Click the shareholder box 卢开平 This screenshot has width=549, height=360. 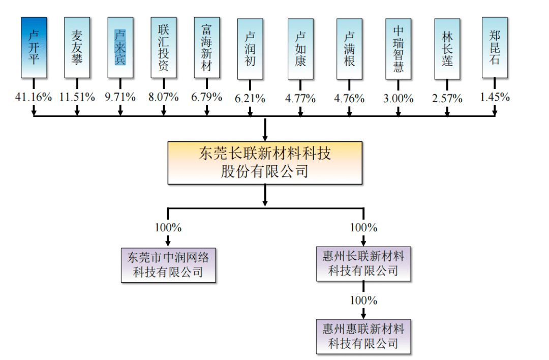pyautogui.click(x=34, y=47)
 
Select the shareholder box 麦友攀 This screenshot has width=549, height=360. pyautogui.click(x=77, y=47)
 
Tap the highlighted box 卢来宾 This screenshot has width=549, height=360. pyautogui.click(x=120, y=47)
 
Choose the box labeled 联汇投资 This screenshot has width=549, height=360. pyautogui.click(x=164, y=47)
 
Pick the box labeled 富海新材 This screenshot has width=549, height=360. pyautogui.click(x=207, y=47)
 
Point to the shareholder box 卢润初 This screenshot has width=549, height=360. pyautogui.click(x=250, y=49)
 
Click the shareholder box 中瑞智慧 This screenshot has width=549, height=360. pyautogui.click(x=399, y=49)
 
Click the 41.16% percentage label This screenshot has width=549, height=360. pyautogui.click(x=34, y=97)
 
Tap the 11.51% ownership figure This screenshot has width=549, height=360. pyautogui.click(x=77, y=97)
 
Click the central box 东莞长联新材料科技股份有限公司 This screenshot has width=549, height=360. pyautogui.click(x=265, y=163)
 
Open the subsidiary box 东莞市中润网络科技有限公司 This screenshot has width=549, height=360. pyautogui.click(x=168, y=264)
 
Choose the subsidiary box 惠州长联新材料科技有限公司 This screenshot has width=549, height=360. pyautogui.click(x=363, y=263)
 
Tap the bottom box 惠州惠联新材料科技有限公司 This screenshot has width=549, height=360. pyautogui.click(x=363, y=336)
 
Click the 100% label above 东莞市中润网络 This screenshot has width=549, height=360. pyautogui.click(x=168, y=227)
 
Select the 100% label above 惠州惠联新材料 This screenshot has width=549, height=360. pyautogui.click(x=363, y=300)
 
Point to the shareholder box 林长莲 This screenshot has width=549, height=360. pyautogui.click(x=447, y=49)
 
